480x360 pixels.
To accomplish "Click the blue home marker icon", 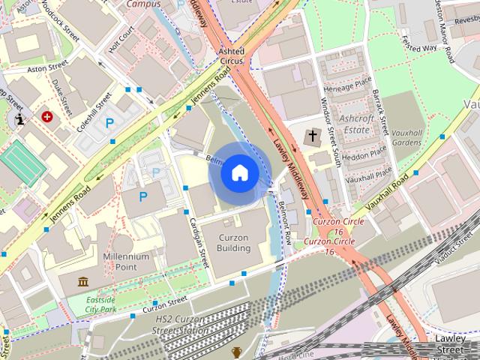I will [239, 172].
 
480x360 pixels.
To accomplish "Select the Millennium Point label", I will [126, 261].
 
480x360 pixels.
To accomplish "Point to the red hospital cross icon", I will [48, 117].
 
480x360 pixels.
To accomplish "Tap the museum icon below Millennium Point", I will [83, 281].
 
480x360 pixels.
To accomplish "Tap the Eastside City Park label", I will [101, 304].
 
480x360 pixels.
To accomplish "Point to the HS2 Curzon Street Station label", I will [181, 325].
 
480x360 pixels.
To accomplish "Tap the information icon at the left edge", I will [19, 118].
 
